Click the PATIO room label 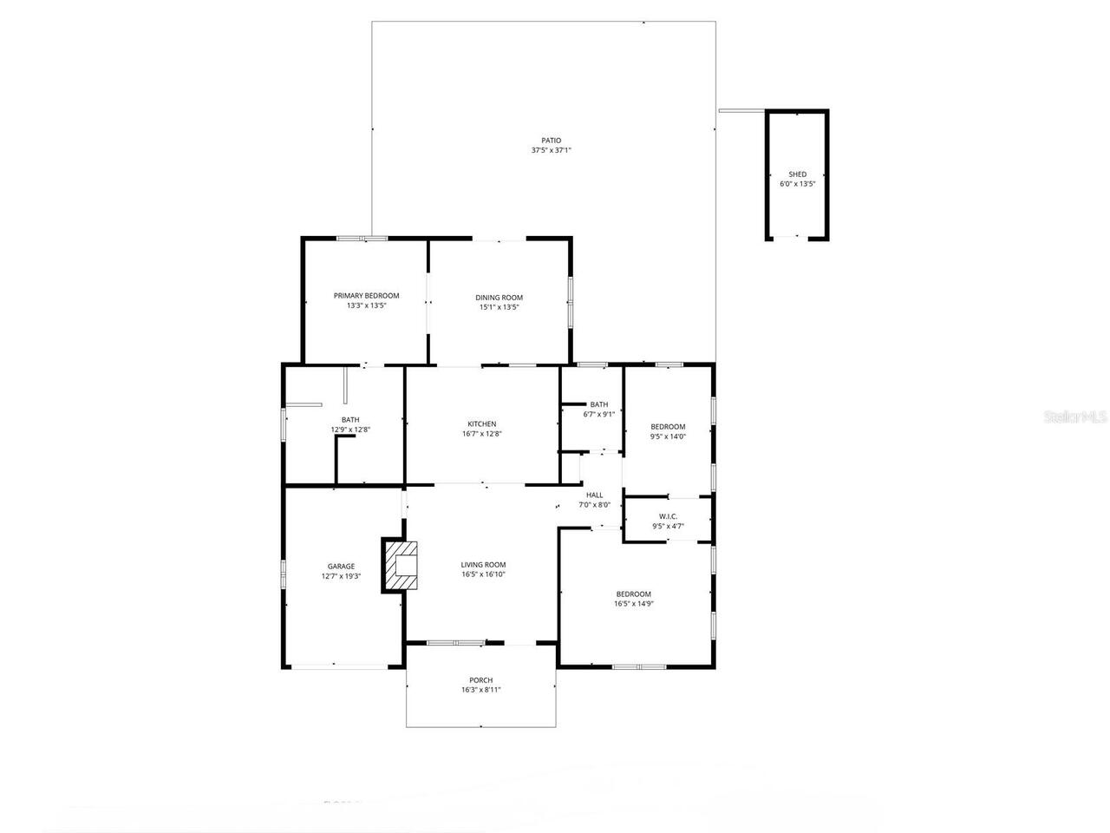(x=551, y=141)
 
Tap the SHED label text (x=797, y=174)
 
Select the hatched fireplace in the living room (x=401, y=566)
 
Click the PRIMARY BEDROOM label (x=366, y=296)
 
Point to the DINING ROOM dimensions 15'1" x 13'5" (x=499, y=307)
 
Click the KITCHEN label (x=481, y=424)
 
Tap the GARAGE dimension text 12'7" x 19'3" (x=341, y=576)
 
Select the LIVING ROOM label (x=482, y=565)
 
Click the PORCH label (x=480, y=680)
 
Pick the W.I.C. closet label (x=668, y=516)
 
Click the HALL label (x=594, y=495)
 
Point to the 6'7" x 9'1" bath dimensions (x=598, y=414)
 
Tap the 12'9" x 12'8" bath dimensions (x=350, y=430)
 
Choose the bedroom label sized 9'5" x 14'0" (x=668, y=427)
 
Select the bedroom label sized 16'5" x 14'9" (x=633, y=594)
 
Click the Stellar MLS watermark (x=1075, y=417)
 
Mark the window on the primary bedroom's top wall (x=362, y=238)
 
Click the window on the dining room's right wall (x=570, y=301)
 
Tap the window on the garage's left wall (x=283, y=574)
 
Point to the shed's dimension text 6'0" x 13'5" (x=797, y=184)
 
